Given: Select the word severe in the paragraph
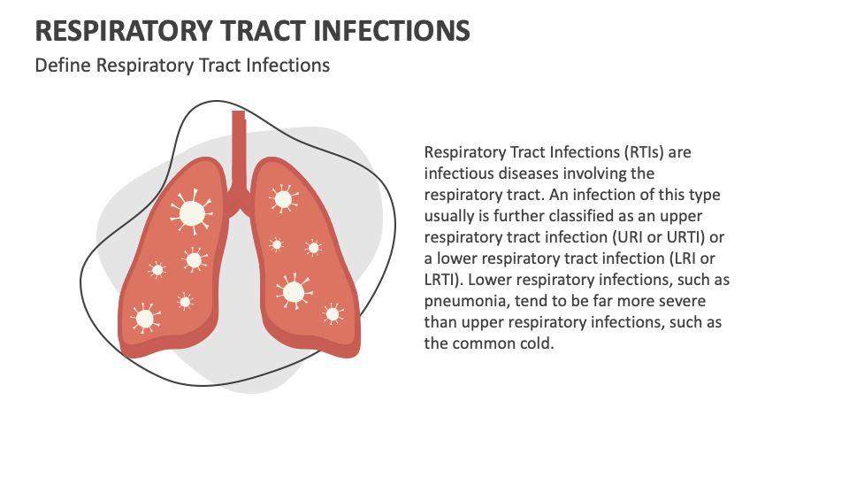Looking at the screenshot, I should tap(680, 301).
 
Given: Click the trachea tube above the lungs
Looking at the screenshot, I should tap(238, 142).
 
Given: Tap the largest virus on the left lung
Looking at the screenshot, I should tap(192, 212).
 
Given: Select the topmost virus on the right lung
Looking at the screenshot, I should tap(283, 198).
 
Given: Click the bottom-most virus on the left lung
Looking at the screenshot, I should tap(143, 317).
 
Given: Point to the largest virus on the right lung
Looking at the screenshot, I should tap(293, 291).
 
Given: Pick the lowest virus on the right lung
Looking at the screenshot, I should tap(333, 312).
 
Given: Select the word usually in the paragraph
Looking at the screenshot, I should tap(450, 216).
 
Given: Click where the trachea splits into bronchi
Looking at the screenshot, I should tap(238, 188).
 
